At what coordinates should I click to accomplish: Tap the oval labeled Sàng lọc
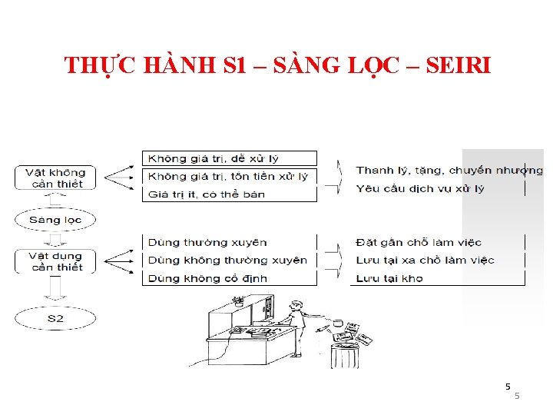click(x=55, y=220)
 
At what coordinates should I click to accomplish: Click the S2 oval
click(x=55, y=317)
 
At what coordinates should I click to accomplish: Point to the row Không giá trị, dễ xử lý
click(x=230, y=158)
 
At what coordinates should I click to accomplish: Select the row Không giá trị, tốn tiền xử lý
click(x=230, y=176)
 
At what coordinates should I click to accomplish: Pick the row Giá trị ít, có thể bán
click(x=230, y=194)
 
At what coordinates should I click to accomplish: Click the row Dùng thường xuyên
click(x=230, y=242)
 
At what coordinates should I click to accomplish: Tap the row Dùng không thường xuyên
click(x=230, y=260)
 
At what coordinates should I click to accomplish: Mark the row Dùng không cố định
click(x=230, y=277)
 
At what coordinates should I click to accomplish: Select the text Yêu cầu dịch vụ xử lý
click(x=415, y=188)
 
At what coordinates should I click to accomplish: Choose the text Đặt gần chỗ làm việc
click(x=419, y=242)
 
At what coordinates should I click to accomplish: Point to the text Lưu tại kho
click(x=389, y=277)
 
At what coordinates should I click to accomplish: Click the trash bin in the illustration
click(x=344, y=355)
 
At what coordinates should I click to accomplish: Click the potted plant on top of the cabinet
click(x=239, y=299)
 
